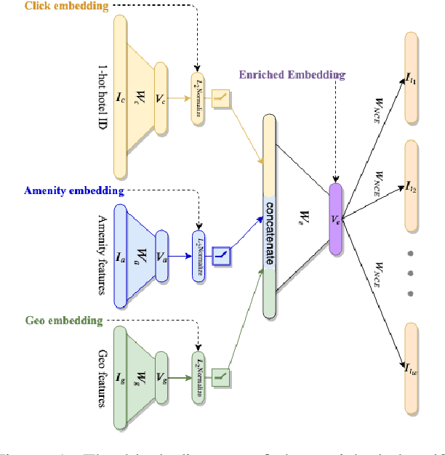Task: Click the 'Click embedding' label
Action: [56, 7]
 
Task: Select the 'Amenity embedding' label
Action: [73, 191]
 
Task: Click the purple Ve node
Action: [334, 218]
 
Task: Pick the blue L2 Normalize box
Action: [199, 256]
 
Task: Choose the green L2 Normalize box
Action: [199, 379]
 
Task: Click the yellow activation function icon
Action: [220, 98]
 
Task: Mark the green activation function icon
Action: [220, 377]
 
